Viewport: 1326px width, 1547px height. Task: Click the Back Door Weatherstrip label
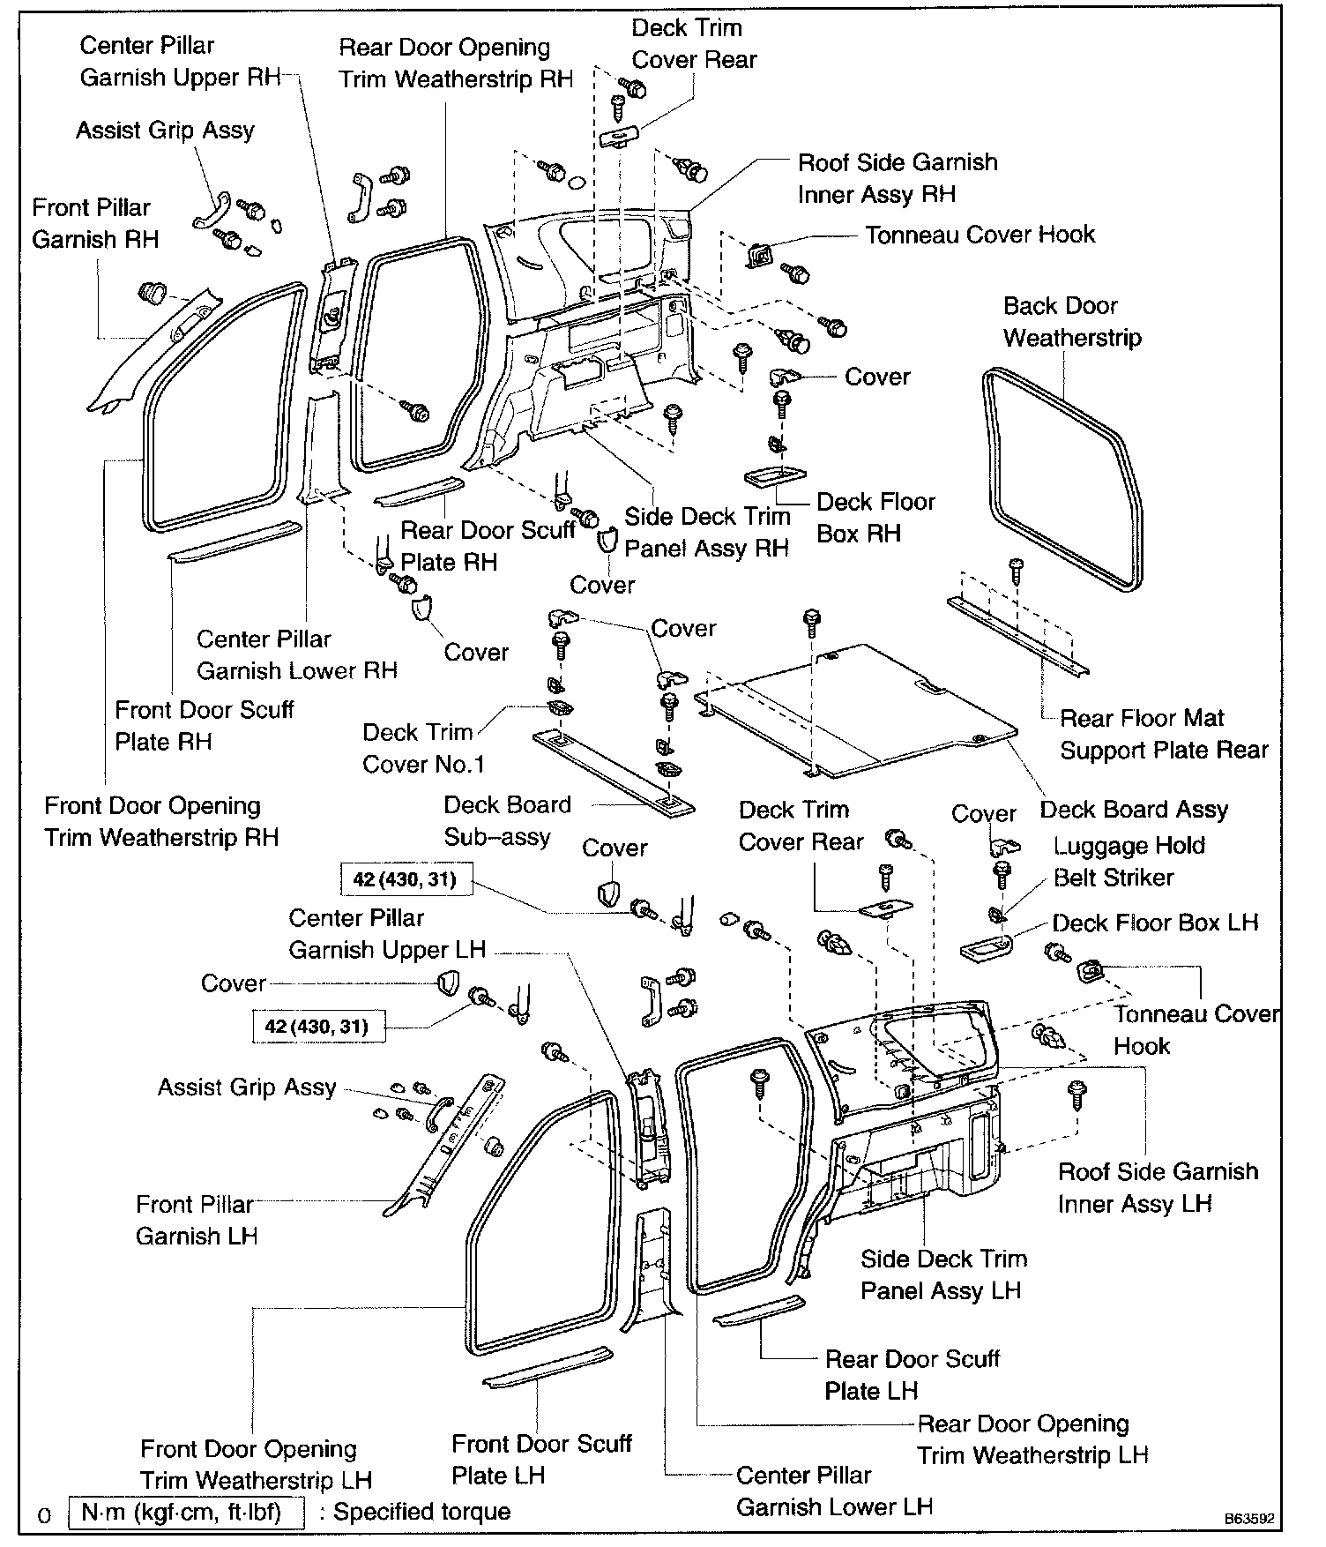point(1072,322)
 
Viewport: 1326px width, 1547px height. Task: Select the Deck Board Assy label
point(1134,810)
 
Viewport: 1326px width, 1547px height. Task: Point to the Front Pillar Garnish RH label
point(95,223)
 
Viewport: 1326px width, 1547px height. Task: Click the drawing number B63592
point(1248,1520)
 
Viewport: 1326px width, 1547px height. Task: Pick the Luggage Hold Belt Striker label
point(1129,862)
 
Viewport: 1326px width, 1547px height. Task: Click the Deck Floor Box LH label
point(1155,923)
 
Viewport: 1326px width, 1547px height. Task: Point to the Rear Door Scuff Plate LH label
point(912,1374)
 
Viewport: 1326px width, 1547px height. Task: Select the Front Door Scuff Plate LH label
point(541,1459)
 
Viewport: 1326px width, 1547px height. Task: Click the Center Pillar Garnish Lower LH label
point(834,1491)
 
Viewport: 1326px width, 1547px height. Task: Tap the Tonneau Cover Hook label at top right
point(980,235)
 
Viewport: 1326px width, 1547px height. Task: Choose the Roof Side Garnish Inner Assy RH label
point(898,178)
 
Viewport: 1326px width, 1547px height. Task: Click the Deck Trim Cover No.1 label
point(423,748)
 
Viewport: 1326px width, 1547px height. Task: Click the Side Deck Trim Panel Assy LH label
point(943,1274)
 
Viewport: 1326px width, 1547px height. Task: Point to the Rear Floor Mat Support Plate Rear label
point(1164,734)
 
